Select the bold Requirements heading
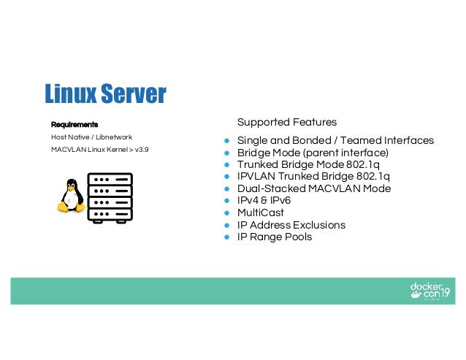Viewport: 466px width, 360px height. [x=75, y=123]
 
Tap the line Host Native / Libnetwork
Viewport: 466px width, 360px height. [x=91, y=137]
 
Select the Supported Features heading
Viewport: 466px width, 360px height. [x=287, y=121]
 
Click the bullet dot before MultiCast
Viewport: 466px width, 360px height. [x=227, y=212]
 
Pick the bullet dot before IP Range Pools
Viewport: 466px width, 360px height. [x=227, y=237]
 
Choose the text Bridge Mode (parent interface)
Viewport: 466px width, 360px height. [x=313, y=153]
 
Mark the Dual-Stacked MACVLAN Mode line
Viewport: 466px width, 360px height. [x=313, y=188]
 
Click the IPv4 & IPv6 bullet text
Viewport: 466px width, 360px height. [x=264, y=201]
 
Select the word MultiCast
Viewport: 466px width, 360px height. [x=260, y=212]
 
